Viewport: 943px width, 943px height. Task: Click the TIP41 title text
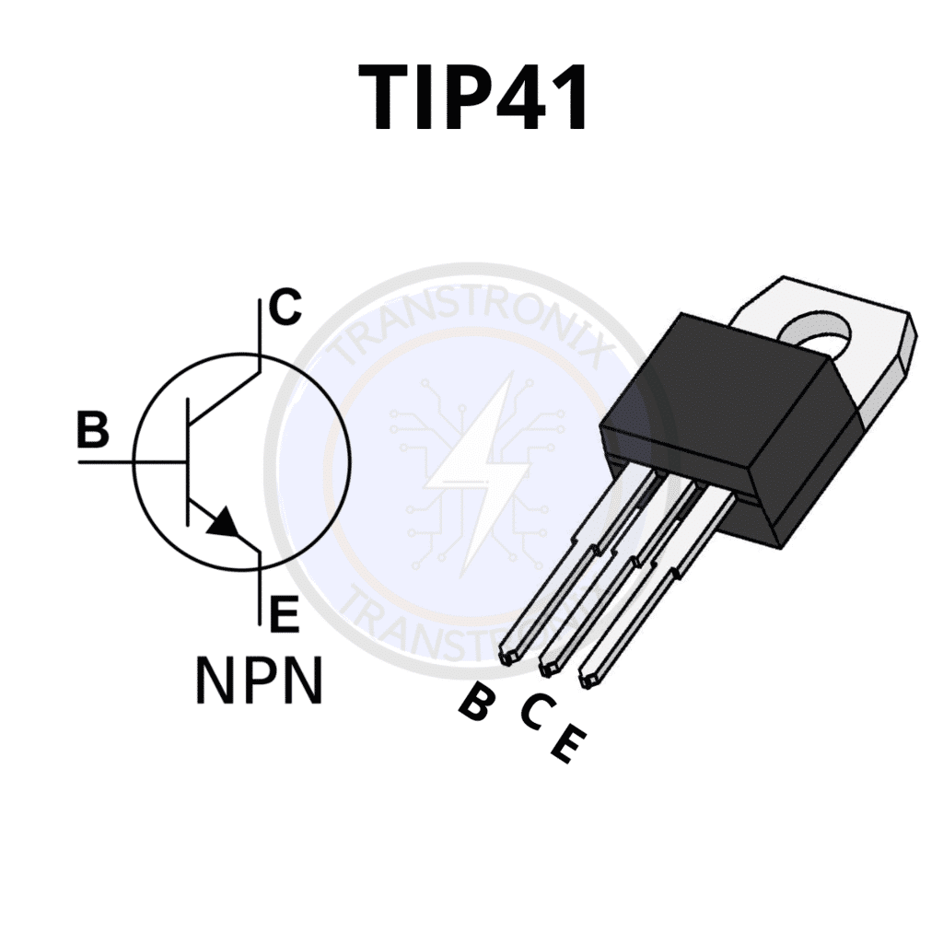pos(472,99)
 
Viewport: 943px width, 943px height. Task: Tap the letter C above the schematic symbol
pos(285,308)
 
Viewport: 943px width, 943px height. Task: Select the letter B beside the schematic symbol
pos(92,429)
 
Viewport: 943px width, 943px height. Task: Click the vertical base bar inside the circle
pos(188,460)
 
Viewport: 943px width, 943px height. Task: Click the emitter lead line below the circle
pos(261,589)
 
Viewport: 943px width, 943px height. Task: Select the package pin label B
pos(477,704)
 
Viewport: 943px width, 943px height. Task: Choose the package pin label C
pos(537,711)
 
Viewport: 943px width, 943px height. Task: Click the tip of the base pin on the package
pos(506,657)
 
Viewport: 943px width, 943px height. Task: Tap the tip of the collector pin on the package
pos(547,663)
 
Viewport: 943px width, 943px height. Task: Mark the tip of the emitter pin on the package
pos(588,680)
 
